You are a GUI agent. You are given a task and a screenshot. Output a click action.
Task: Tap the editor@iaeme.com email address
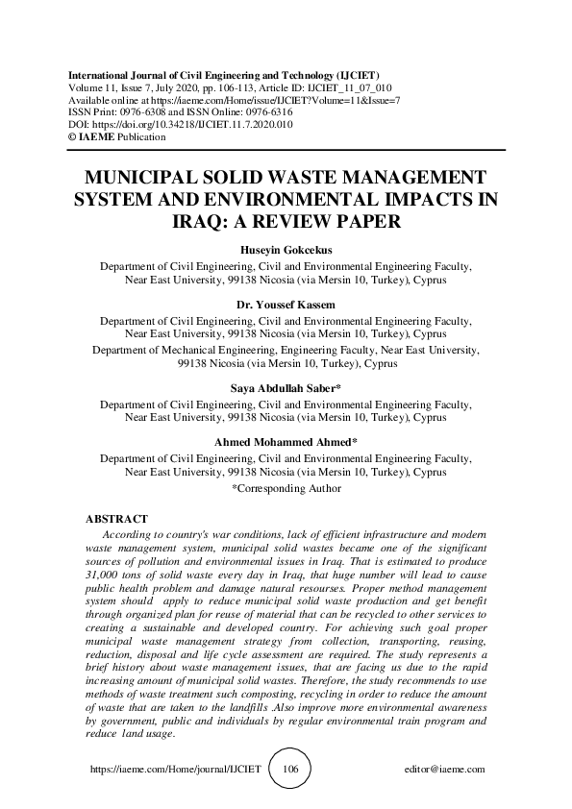[x=446, y=770]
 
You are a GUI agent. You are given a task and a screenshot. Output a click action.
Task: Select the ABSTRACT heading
[x=116, y=519]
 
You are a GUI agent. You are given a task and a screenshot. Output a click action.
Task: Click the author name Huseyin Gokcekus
[x=286, y=252]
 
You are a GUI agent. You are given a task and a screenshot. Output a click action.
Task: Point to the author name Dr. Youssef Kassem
[x=286, y=305]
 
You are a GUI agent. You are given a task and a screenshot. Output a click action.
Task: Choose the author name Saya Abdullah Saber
[x=286, y=389]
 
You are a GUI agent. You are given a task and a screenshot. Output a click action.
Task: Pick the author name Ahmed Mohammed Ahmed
[x=286, y=442]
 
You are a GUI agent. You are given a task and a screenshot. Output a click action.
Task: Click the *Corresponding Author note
[x=286, y=488]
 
